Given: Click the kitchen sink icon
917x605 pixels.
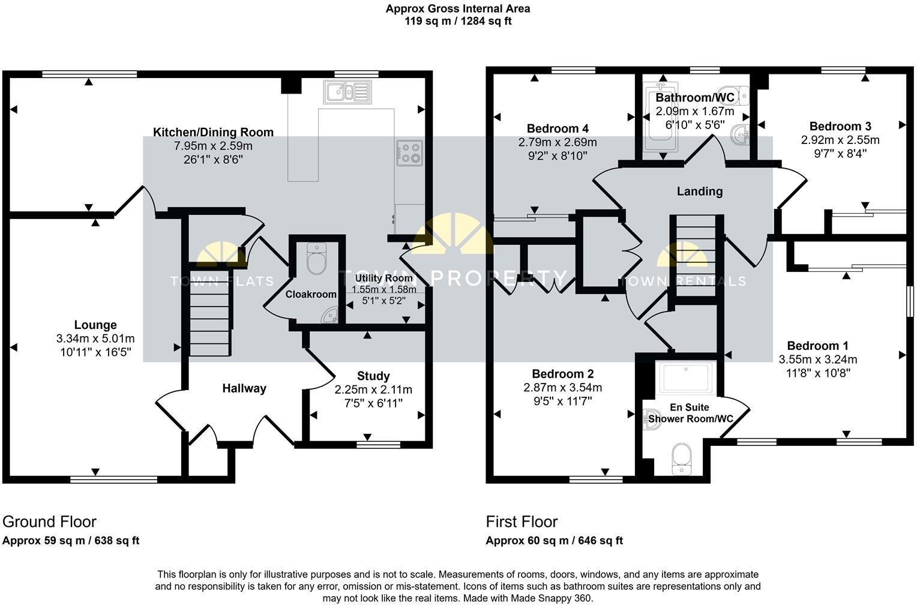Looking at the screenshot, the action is pos(346,92).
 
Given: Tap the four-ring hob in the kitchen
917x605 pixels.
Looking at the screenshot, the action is pos(409,152).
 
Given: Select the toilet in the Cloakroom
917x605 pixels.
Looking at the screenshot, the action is pos(316,258).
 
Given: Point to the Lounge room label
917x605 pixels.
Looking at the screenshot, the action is pos(95,325).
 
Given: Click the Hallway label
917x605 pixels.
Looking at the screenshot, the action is pos(244,388).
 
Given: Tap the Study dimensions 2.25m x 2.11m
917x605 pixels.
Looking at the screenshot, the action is pos(373,390).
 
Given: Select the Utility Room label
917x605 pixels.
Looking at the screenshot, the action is pos(383,278).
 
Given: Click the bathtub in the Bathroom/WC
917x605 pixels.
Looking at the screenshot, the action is pos(660,117).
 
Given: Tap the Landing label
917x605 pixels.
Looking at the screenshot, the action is pos(700,191).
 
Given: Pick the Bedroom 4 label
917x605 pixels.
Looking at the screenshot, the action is pos(558,128).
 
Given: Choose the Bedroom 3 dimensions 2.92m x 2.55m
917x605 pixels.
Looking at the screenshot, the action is pos(840,140).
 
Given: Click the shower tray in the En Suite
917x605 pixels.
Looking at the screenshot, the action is pos(685,376).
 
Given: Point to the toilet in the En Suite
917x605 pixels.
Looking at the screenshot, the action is pos(681,459).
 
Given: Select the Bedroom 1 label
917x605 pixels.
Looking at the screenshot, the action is pos(817,346).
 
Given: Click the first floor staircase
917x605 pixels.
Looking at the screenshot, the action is pos(696,255).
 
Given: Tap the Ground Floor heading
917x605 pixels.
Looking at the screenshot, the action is pos(49,522).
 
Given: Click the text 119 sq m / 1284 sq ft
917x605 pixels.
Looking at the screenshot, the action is pos(458,22).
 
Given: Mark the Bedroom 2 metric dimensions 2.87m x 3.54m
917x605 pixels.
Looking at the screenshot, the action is pos(562,388).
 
